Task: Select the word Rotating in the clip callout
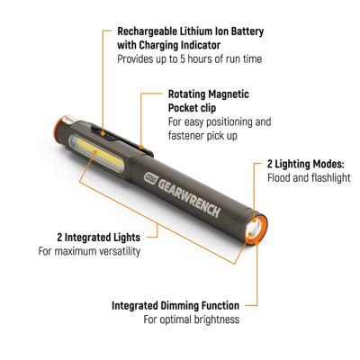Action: pyautogui.click(x=189, y=93)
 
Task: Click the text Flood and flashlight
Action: pyautogui.click(x=306, y=178)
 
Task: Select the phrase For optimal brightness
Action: pyautogui.click(x=191, y=319)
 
